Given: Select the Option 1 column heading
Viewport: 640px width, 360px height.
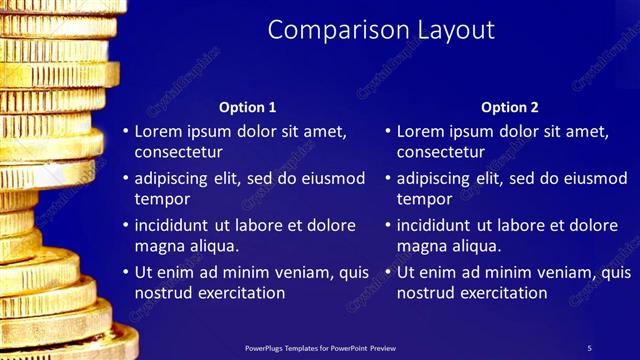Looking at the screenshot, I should point(247,107).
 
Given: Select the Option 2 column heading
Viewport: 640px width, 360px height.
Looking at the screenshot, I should point(509,107).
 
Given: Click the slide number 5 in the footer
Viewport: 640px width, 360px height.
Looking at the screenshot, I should point(589,348).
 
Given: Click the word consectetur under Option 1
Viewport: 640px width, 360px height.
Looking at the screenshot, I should point(178,152).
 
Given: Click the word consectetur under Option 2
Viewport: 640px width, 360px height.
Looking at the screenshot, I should point(440,152).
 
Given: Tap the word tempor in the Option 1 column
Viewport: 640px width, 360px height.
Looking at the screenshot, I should point(160,199).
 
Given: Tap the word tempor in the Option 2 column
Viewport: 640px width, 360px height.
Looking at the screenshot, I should point(422,199).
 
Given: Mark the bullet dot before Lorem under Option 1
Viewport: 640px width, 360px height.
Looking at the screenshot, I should point(125,132).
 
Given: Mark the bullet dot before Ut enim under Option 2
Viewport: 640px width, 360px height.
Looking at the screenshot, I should point(387,273).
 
